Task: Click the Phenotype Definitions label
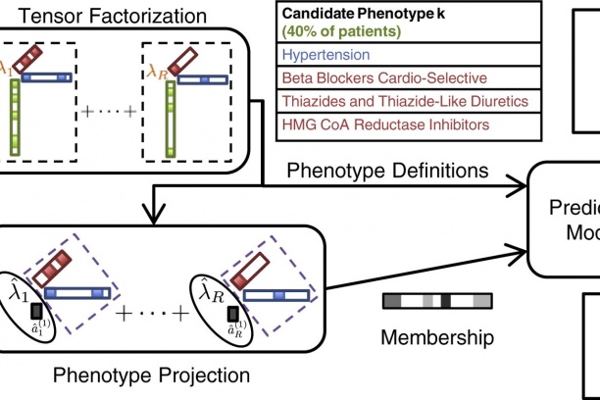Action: coord(387,172)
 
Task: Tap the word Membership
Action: coord(437,338)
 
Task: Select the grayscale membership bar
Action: coord(437,302)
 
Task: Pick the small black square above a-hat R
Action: coord(233,312)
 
